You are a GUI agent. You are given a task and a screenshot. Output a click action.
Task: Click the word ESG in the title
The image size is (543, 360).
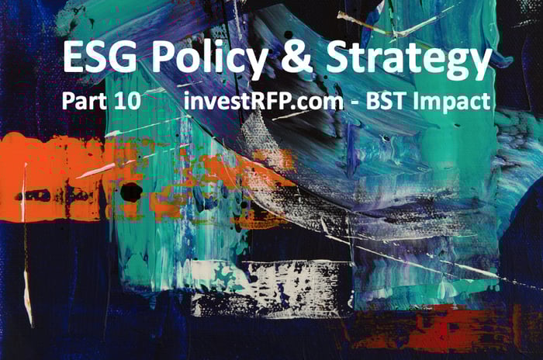point(100,57)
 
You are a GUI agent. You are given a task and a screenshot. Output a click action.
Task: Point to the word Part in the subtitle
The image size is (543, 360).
point(84,101)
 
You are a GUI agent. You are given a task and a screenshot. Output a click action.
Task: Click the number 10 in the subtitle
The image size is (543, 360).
point(127,101)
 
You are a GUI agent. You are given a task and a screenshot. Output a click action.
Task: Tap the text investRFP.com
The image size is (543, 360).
point(264,101)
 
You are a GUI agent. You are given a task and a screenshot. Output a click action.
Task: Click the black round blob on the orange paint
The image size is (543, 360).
point(131,192)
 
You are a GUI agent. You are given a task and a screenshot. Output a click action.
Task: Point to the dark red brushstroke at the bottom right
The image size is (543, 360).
point(433,325)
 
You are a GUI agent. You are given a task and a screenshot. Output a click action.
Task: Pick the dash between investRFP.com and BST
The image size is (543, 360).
point(355,103)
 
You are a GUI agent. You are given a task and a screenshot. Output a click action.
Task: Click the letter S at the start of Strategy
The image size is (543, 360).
point(337,57)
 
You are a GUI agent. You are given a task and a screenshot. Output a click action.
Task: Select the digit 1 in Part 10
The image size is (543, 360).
point(119,101)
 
